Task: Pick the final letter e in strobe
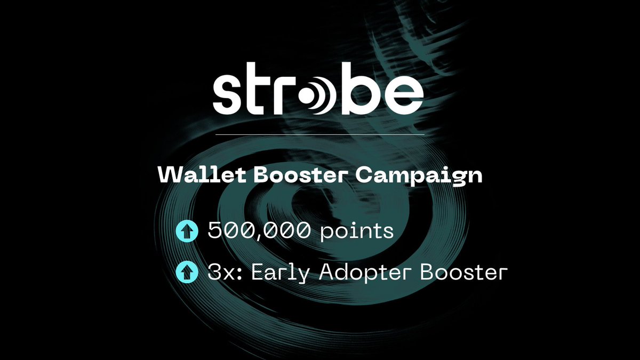coord(404,98)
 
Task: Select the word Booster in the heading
coord(284,175)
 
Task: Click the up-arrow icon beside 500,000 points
coord(186,231)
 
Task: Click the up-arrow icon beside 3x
coord(186,273)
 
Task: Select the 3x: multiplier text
coord(225,273)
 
